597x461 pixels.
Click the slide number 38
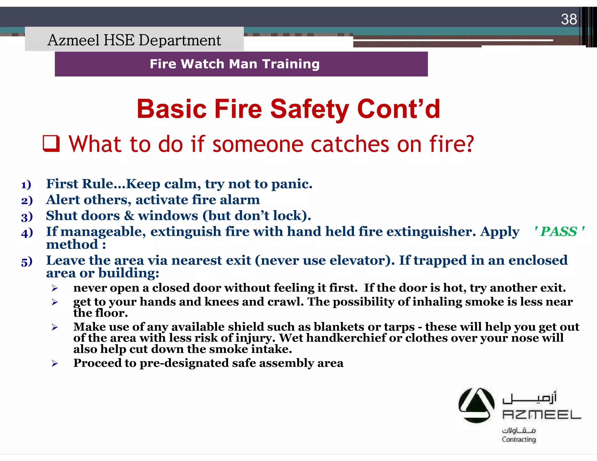569,20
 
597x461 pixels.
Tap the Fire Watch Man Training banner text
235,64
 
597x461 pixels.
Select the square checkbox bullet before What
51,144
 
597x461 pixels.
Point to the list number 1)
26,185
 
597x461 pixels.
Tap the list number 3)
27,217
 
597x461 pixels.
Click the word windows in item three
168,216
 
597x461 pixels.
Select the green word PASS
559,232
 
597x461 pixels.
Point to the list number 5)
27,262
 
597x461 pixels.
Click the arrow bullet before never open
55,288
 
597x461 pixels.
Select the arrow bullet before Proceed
55,363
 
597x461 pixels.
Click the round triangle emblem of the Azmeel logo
476,405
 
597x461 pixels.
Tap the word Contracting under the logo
519,439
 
